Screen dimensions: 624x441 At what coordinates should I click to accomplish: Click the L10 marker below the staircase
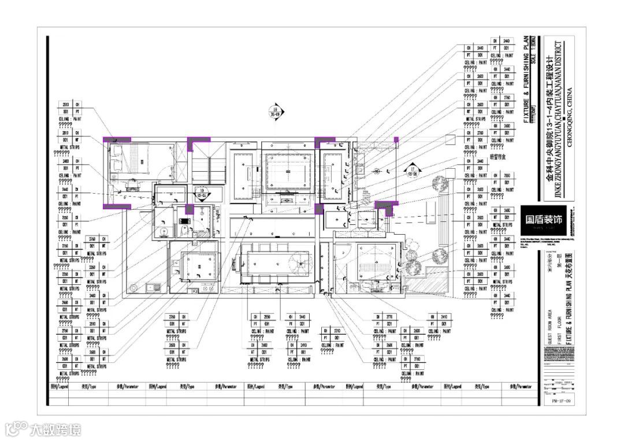[x=201, y=192]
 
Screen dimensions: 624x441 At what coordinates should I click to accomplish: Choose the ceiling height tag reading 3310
[x=337, y=331]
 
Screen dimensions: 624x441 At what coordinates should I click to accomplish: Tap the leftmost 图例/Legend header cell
[x=60, y=387]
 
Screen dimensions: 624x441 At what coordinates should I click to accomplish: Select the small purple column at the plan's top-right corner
[x=396, y=139]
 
